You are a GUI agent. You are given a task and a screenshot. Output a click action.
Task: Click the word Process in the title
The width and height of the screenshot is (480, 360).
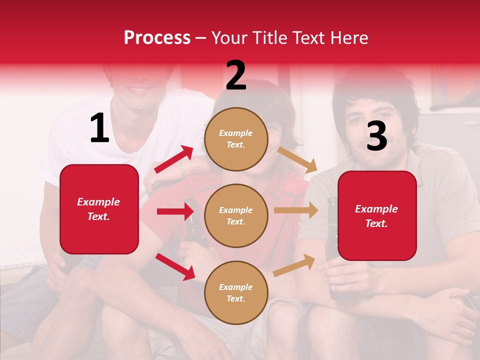(x=157, y=37)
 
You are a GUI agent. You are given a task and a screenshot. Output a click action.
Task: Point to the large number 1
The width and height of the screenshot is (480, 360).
(x=99, y=128)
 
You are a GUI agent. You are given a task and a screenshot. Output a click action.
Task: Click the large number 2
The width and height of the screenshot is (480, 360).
(x=236, y=75)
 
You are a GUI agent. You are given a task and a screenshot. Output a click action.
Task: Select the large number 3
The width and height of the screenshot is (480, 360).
(x=376, y=136)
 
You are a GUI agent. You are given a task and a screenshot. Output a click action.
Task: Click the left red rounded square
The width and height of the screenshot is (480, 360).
(x=99, y=209)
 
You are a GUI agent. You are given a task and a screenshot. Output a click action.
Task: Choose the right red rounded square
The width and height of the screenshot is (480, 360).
(x=377, y=215)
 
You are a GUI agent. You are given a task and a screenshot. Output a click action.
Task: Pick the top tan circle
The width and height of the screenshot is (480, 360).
(x=236, y=138)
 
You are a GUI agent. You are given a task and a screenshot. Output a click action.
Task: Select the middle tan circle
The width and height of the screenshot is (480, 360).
(x=236, y=215)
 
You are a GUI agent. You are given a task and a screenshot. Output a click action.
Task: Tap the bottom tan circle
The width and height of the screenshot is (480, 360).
(x=236, y=292)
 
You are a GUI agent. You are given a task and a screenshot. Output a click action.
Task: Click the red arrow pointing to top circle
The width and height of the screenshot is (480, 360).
(x=173, y=159)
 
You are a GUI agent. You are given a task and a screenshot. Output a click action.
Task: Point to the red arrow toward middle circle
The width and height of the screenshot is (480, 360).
(x=175, y=211)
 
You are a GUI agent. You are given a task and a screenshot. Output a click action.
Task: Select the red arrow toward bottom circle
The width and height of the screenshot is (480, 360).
(x=175, y=266)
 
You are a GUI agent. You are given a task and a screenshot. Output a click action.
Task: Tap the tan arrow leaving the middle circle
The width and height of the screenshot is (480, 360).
(x=296, y=210)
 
